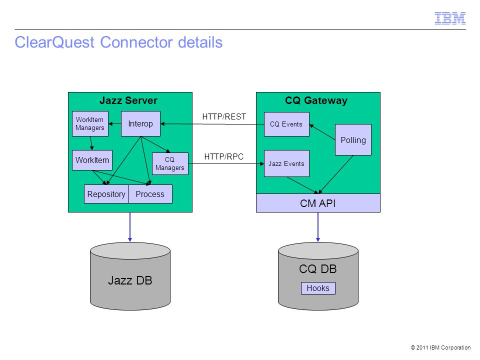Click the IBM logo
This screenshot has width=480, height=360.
coord(450,18)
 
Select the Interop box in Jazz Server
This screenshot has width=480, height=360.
coord(140,123)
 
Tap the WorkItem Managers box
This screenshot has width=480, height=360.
coord(90,123)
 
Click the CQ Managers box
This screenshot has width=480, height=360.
coord(170,164)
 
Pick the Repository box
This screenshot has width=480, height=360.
coord(106,194)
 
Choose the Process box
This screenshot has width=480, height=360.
coord(150,194)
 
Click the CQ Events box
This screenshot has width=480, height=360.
coord(286,124)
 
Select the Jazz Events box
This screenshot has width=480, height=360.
coord(286,163)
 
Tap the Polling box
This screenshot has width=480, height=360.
coord(353,140)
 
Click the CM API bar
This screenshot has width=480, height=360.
coord(318,203)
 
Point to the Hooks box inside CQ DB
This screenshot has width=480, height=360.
coord(318,288)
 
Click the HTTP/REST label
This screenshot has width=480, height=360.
coord(224,116)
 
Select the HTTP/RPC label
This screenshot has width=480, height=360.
coord(224,156)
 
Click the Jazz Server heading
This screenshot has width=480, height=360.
coord(128,100)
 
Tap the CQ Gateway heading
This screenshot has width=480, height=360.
coord(316,100)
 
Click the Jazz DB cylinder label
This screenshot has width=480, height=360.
coord(130,280)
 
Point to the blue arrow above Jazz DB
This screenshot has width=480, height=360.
coord(130,227)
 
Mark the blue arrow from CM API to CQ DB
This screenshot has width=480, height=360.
coord(318,227)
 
